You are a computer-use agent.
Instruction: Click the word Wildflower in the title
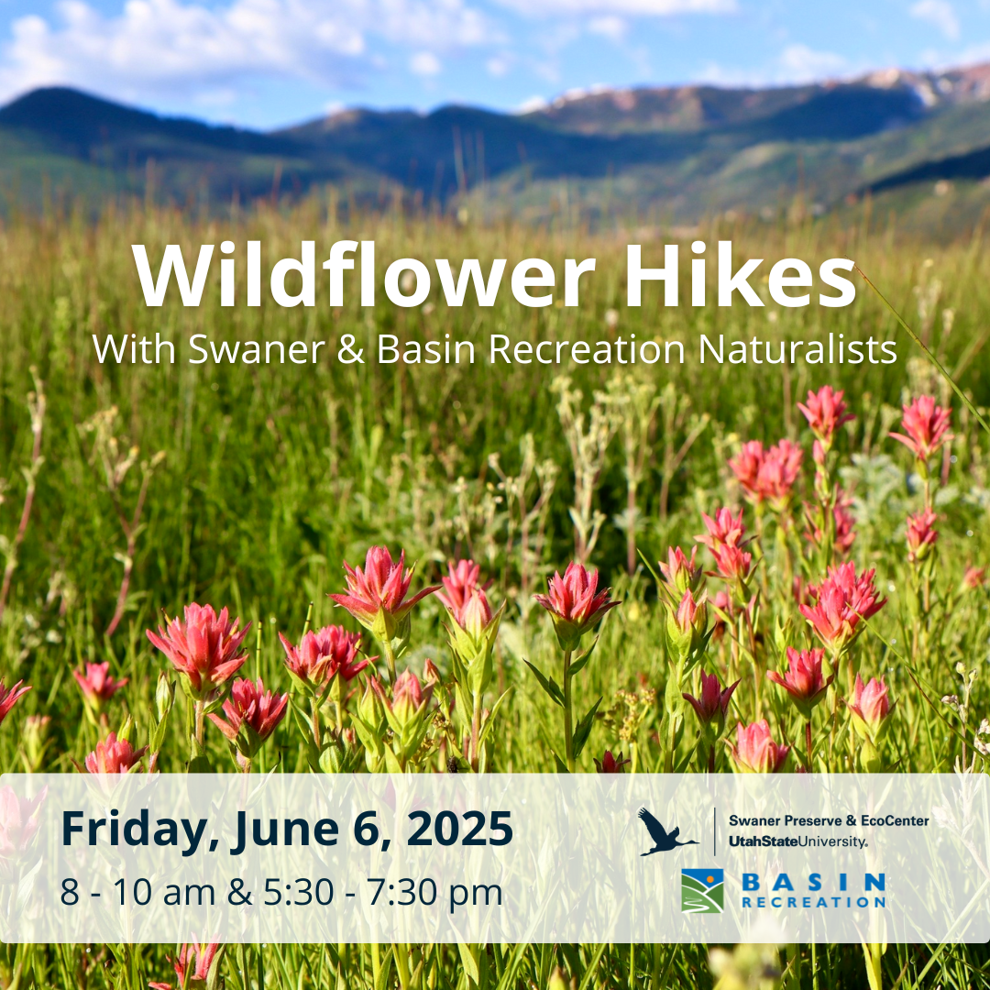coord(363,275)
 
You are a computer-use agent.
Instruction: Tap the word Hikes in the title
coord(741,275)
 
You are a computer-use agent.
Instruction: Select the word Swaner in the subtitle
coord(257,349)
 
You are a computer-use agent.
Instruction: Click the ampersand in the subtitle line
coord(350,349)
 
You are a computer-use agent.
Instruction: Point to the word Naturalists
coord(797,349)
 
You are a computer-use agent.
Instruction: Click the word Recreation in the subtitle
coord(588,349)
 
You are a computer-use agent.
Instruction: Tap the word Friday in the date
coord(139,830)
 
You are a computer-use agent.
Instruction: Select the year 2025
coord(459,829)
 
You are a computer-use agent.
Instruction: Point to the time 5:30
coord(299,892)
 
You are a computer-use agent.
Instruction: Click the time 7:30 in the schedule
coord(402,892)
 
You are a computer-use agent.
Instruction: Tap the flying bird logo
coord(666,831)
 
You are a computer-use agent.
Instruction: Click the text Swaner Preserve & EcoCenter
coord(829,820)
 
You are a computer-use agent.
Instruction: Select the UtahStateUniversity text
coord(798,841)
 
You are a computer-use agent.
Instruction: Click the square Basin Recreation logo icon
coord(703,891)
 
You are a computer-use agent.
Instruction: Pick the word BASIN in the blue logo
coord(813,882)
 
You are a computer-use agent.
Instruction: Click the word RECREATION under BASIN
coord(813,902)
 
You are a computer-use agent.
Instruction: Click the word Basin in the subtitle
coord(425,349)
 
